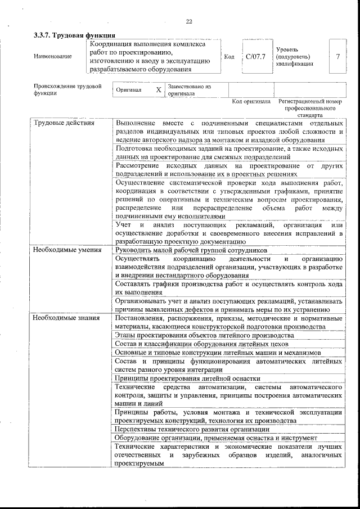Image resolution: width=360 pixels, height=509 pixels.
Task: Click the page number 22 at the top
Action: [189, 21]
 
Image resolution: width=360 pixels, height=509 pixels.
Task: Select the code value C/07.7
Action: [255, 57]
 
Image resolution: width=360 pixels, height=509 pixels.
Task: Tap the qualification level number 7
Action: [337, 57]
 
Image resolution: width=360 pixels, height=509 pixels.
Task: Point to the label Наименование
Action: [53, 57]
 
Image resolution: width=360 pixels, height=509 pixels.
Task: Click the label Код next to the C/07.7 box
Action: [229, 57]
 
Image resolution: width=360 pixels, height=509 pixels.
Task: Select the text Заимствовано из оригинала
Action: [189, 90]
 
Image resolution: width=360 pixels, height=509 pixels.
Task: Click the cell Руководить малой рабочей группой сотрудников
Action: [191, 250]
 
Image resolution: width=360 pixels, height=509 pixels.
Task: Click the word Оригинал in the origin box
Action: [129, 90]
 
